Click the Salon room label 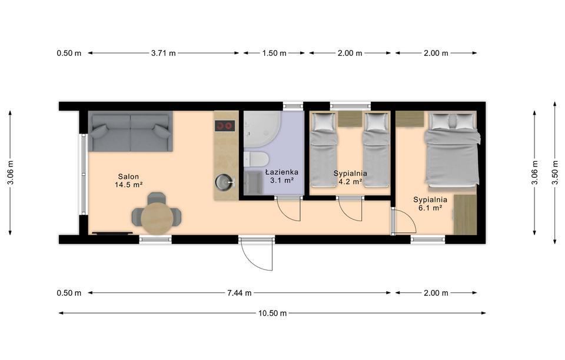[x=129, y=176]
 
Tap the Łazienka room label [x=282, y=172]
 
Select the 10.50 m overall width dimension [x=272, y=313]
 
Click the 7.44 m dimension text [x=240, y=293]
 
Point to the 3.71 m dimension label [x=163, y=54]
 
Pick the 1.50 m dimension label [x=274, y=54]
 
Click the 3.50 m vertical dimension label [x=555, y=172]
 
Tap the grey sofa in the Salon [x=131, y=131]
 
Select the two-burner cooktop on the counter [x=225, y=126]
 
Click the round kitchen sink [x=224, y=182]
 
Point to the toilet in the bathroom [x=256, y=159]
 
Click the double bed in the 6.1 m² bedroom [x=452, y=149]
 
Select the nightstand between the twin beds [x=350, y=119]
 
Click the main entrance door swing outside [x=257, y=254]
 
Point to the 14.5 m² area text [x=129, y=185]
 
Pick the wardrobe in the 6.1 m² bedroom [x=465, y=215]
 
